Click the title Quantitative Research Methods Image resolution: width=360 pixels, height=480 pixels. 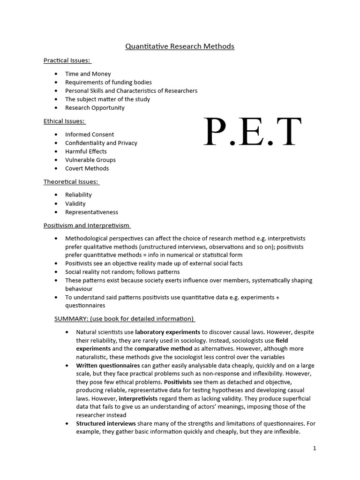pyautogui.click(x=180, y=46)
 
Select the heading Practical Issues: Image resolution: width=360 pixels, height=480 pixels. pyautogui.click(x=67, y=60)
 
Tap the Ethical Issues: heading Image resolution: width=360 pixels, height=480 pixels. pyautogui.click(x=65, y=121)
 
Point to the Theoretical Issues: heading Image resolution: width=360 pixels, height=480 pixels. pyautogui.click(x=71, y=181)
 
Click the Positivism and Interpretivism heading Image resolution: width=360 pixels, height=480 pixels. pyautogui.click(x=87, y=225)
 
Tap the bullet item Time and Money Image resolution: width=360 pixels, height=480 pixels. pyautogui.click(x=88, y=74)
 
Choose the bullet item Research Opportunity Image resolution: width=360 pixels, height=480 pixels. pyautogui.click(x=95, y=108)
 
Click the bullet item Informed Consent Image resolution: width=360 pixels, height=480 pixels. pyautogui.click(x=90, y=135)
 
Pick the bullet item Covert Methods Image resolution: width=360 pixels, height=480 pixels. pyautogui.click(x=87, y=168)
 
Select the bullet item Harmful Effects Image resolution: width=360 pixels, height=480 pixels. pyautogui.click(x=86, y=151)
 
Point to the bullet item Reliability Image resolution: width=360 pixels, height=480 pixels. pyautogui.click(x=78, y=195)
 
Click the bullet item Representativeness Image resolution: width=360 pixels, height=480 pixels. pyautogui.click(x=91, y=212)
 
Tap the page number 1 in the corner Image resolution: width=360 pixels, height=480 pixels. pyautogui.click(x=315, y=448)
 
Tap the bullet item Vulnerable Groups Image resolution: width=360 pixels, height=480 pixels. pyautogui.click(x=90, y=160)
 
